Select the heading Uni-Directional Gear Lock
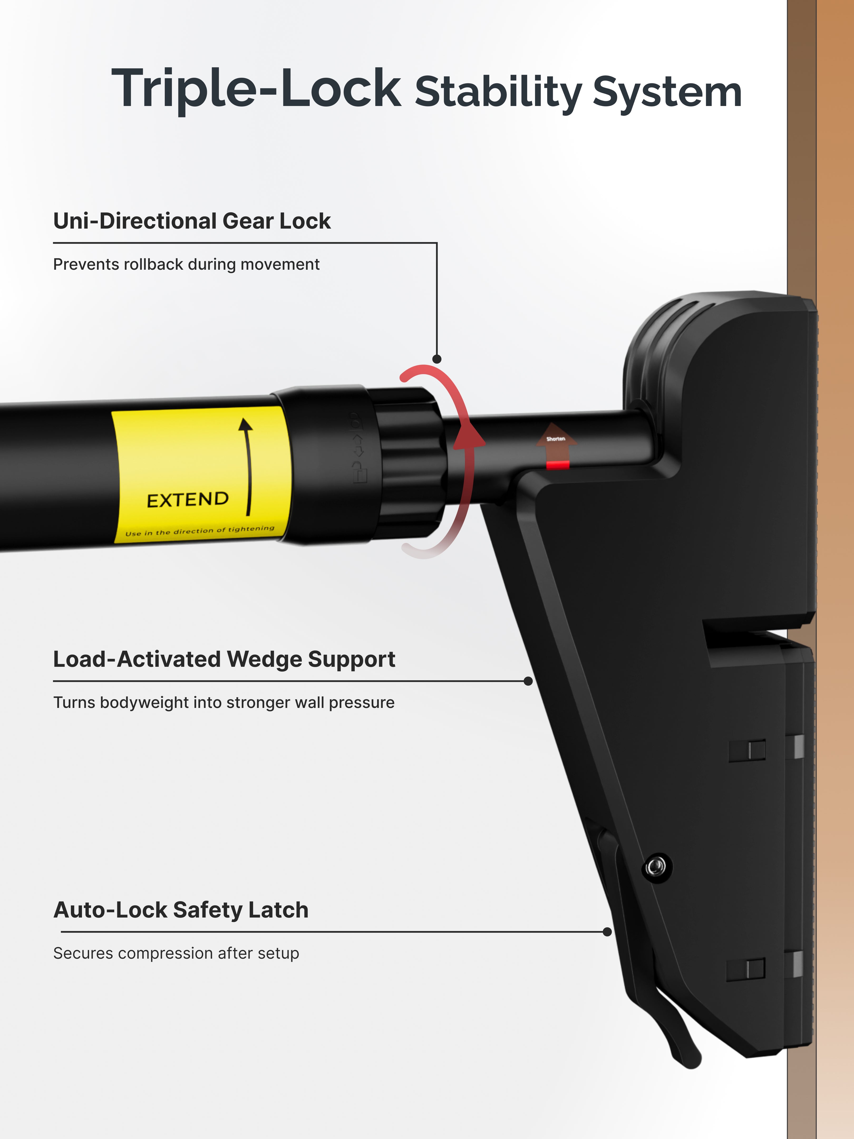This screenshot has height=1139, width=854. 192,221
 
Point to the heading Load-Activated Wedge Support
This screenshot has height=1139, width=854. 224,659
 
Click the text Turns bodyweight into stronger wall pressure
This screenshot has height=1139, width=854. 224,702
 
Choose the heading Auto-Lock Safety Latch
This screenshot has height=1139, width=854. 181,910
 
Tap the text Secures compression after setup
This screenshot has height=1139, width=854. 176,953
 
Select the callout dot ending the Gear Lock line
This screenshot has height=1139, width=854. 437,359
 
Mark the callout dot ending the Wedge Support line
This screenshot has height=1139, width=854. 528,681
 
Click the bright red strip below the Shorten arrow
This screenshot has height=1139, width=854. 557,465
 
